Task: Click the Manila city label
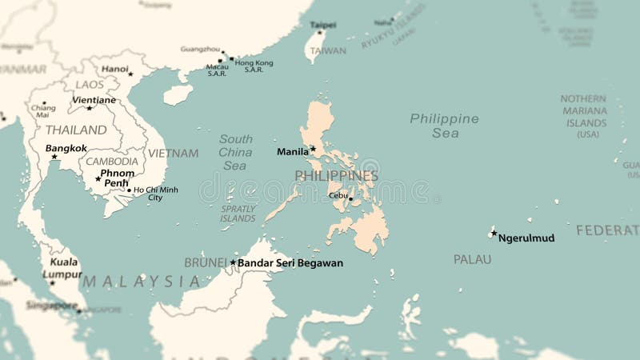click(x=292, y=151)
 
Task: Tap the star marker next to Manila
click(x=313, y=148)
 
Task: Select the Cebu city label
click(x=337, y=195)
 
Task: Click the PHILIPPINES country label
click(x=336, y=175)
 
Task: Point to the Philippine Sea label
click(x=445, y=126)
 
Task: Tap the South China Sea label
click(x=236, y=152)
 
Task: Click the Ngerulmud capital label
click(x=526, y=238)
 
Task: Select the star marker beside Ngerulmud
click(x=494, y=234)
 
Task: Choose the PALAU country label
click(x=472, y=259)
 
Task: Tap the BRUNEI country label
click(x=206, y=262)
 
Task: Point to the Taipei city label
click(x=322, y=25)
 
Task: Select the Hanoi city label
click(x=115, y=69)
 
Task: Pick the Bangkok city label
click(x=66, y=148)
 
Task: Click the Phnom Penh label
click(x=118, y=178)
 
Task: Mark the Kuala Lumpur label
click(x=63, y=267)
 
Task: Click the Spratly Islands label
click(x=238, y=213)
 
